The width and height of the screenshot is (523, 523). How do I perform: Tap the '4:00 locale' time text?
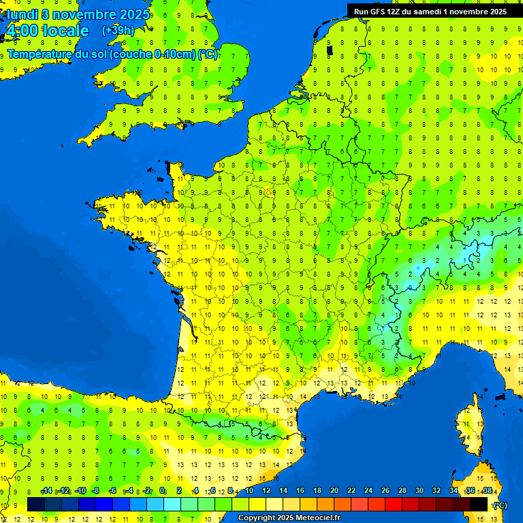click(47, 31)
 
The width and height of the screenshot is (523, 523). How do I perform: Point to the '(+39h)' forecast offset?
click(118, 31)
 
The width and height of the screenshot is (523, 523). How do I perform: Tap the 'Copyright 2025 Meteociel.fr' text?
click(289, 518)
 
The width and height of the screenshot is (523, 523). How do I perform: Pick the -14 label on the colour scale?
click(46, 491)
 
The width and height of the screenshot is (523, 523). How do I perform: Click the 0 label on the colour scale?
click(162, 491)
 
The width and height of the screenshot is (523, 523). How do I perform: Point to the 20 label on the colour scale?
click(334, 491)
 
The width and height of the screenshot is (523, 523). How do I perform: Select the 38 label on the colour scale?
click(488, 491)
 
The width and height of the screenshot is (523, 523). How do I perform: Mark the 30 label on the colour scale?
click(419, 491)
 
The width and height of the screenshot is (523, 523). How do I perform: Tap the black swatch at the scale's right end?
click(479, 504)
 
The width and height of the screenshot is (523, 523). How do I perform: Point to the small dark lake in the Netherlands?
click(330, 50)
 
